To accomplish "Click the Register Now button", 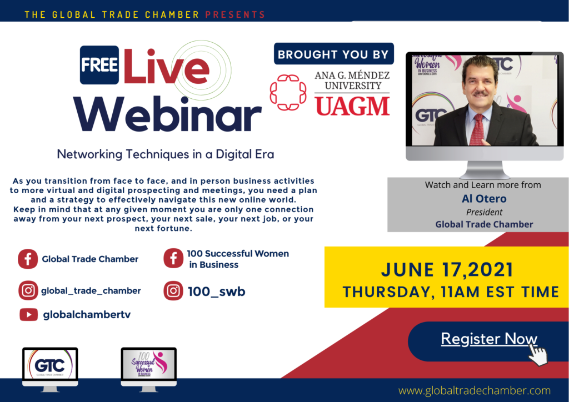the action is pyautogui.click(x=488, y=341).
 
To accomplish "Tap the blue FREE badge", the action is pyautogui.click(x=99, y=65).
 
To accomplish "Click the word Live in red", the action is pyautogui.click(x=166, y=66).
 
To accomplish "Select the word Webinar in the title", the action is pyautogui.click(x=167, y=114).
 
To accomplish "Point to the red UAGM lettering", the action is pyautogui.click(x=352, y=107).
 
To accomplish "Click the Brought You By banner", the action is pyautogui.click(x=333, y=54).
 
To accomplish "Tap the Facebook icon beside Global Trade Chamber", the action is pyautogui.click(x=28, y=259).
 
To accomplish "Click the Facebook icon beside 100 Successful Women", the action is pyautogui.click(x=173, y=258).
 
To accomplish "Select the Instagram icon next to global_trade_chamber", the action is pyautogui.click(x=28, y=290).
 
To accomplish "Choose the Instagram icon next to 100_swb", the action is pyautogui.click(x=173, y=291).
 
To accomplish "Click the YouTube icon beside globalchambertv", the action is pyautogui.click(x=29, y=315).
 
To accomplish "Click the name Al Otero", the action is pyautogui.click(x=484, y=199).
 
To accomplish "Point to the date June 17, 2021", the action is pyautogui.click(x=447, y=270).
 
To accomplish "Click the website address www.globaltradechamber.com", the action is pyautogui.click(x=475, y=390).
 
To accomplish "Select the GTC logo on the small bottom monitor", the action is pyautogui.click(x=50, y=365).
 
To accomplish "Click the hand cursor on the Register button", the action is pyautogui.click(x=537, y=354).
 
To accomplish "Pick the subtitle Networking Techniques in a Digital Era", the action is pyautogui.click(x=166, y=154).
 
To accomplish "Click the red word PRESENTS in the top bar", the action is pyautogui.click(x=235, y=15).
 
